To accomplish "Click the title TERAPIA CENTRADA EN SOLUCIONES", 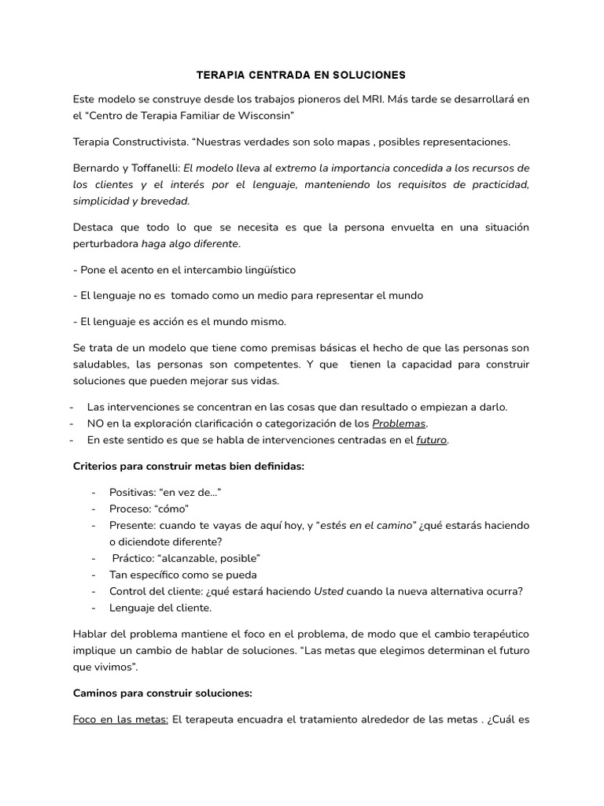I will click(x=300, y=76).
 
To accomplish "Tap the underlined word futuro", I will click(x=432, y=440).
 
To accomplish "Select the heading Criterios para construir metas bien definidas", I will click(x=188, y=466).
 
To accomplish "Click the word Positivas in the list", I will click(x=131, y=492).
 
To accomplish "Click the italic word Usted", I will click(x=329, y=591).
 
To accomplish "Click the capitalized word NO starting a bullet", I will click(x=95, y=423).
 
